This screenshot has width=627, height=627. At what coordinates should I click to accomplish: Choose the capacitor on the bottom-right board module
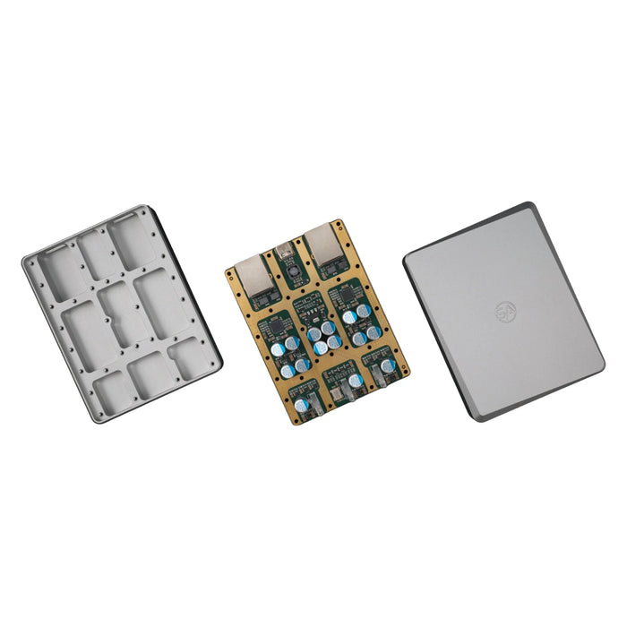click(x=387, y=365)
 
